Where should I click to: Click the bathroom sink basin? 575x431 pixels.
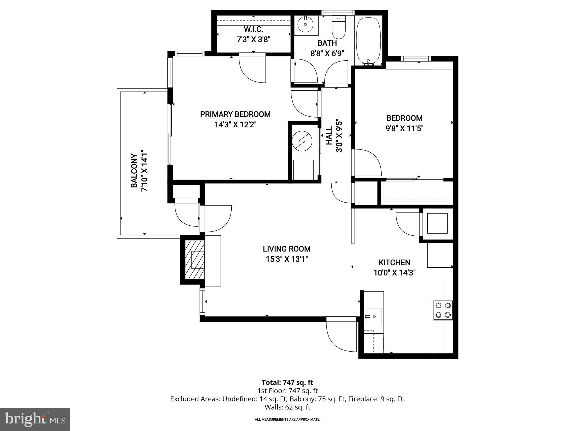click(305, 24)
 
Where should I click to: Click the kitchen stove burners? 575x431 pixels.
click(443, 310)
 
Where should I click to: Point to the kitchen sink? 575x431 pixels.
click(374, 316)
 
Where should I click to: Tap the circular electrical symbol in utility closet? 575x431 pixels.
click(302, 141)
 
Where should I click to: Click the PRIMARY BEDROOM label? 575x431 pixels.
click(235, 114)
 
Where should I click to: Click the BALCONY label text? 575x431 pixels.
click(134, 171)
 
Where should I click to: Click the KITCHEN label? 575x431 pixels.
click(394, 262)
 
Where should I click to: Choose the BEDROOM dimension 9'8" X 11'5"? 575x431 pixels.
click(404, 129)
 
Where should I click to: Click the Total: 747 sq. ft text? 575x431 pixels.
click(287, 382)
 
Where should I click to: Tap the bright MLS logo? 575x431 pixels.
click(35, 419)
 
